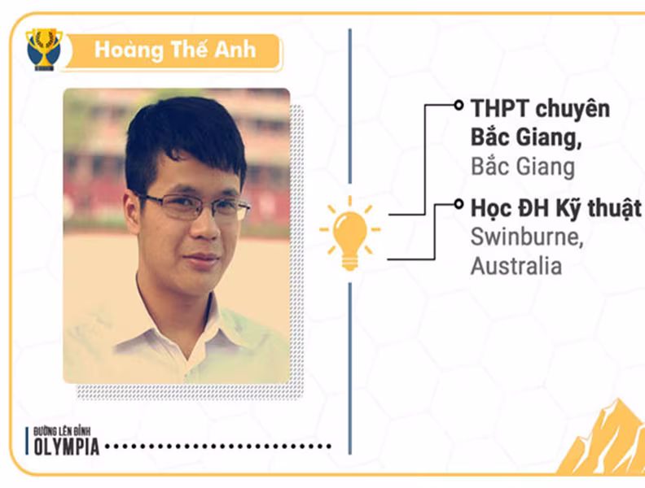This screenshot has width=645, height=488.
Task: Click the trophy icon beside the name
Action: [x=44, y=50]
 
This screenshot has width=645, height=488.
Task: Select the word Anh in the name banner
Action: [x=235, y=50]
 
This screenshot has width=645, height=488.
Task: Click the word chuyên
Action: [x=573, y=109]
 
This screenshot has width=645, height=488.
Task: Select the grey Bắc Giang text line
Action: [x=522, y=167]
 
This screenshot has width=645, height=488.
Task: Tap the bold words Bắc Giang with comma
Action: [x=526, y=137]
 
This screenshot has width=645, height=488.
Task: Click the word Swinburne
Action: [x=527, y=237]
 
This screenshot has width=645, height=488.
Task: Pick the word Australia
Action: [x=516, y=266]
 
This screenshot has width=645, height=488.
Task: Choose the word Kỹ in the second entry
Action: [x=568, y=208]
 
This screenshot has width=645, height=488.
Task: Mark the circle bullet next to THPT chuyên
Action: [x=459, y=105]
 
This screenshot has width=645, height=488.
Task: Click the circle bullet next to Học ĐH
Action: [x=459, y=204]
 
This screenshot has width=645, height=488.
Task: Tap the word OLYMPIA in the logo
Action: [x=67, y=447]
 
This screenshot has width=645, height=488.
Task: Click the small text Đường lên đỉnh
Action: [x=62, y=431]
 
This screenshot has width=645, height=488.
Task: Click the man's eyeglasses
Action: [x=193, y=206]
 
